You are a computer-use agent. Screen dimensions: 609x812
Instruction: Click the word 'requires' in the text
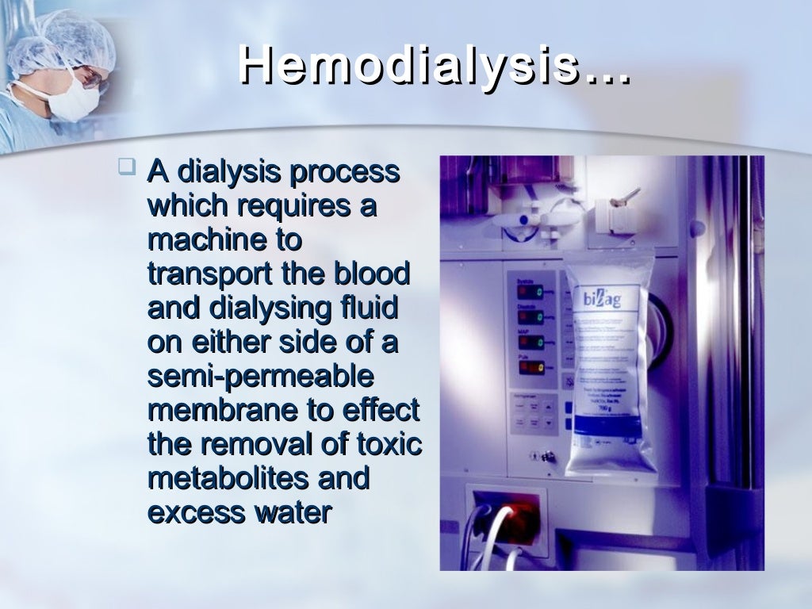[x=290, y=206]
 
